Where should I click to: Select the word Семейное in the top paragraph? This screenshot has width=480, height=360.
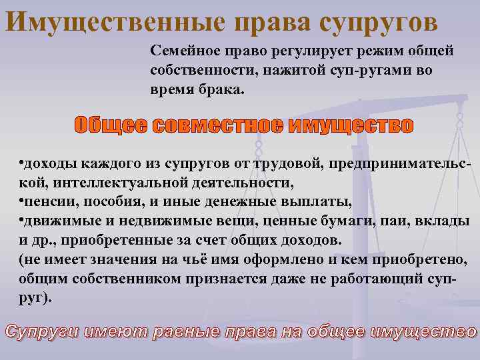pos(183,51)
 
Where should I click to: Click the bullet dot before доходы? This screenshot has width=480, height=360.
pos(21,163)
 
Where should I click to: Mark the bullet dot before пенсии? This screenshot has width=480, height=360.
pos(21,201)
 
